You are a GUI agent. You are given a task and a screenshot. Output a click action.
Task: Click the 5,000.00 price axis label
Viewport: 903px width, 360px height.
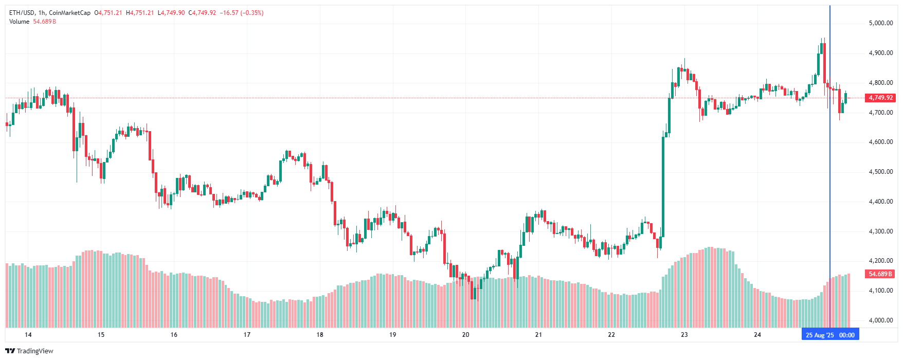[880, 23]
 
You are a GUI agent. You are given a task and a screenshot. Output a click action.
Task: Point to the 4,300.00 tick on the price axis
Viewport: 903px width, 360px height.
[880, 231]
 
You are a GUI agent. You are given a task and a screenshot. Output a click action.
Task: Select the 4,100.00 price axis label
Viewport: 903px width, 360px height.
[880, 291]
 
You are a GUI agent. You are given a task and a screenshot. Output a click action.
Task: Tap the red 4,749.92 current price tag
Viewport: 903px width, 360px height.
[881, 98]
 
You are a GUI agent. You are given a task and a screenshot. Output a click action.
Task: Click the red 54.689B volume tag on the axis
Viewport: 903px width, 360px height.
[881, 274]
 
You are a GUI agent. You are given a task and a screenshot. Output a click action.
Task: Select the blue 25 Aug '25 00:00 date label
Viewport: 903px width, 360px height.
[830, 335]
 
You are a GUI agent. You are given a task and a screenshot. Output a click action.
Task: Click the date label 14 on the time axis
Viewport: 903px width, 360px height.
[28, 335]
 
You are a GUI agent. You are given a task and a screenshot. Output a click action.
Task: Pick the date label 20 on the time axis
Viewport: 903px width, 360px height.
[465, 335]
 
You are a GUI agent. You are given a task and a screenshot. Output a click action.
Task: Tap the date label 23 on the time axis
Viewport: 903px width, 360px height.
[684, 335]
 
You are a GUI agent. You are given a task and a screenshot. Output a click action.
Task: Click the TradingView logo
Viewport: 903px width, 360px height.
[29, 351]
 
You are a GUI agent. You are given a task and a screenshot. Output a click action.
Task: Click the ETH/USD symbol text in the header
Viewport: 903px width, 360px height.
[22, 13]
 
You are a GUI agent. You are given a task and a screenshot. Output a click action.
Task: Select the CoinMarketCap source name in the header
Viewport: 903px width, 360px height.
[69, 13]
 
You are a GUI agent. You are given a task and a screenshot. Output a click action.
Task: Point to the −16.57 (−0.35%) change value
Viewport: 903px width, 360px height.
[242, 13]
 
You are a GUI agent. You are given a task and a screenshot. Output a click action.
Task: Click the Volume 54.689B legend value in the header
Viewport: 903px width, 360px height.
[44, 22]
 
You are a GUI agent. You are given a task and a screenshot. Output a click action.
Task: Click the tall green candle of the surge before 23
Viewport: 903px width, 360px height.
[663, 185]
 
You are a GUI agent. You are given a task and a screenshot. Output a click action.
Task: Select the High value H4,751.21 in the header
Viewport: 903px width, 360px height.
[140, 13]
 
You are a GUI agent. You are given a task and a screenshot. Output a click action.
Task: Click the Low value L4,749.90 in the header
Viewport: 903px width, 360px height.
[171, 13]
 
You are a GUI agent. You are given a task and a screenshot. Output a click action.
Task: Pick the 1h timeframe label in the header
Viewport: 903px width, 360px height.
[42, 13]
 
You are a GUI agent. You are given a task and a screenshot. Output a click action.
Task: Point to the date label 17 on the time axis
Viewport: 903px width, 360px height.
[247, 335]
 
